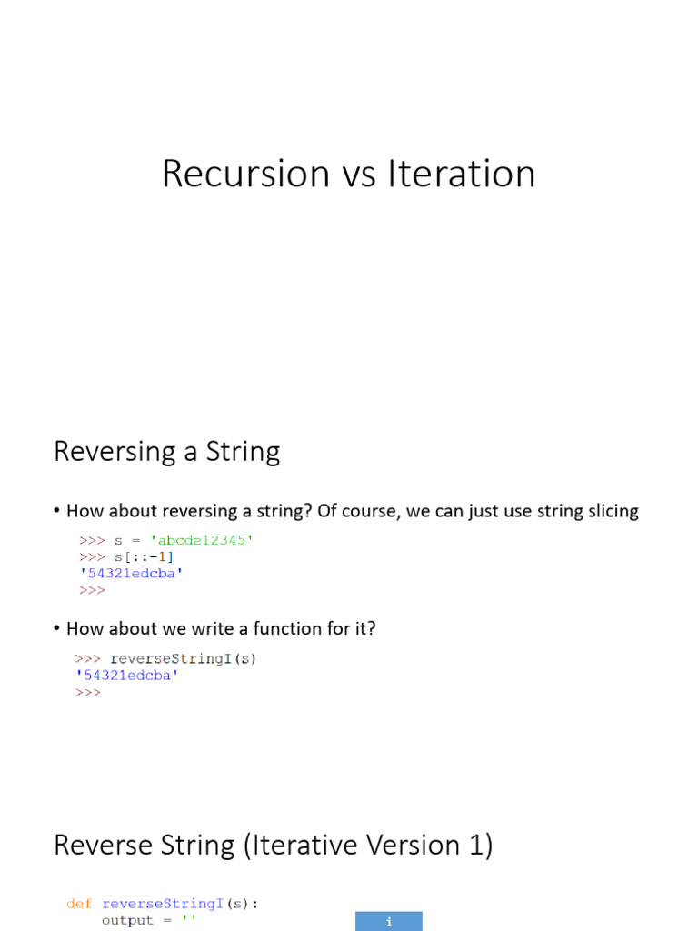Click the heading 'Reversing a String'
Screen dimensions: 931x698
(x=166, y=451)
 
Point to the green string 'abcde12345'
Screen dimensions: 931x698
(x=202, y=540)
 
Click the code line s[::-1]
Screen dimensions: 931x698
(x=144, y=556)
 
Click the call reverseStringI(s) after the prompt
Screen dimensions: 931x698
(x=183, y=658)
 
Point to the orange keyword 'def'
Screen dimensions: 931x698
(x=79, y=904)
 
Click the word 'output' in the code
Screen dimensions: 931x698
(x=127, y=920)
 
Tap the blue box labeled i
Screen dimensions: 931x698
(x=388, y=921)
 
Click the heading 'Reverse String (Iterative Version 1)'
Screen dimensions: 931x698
(x=273, y=845)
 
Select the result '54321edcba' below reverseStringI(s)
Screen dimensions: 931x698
(x=126, y=676)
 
